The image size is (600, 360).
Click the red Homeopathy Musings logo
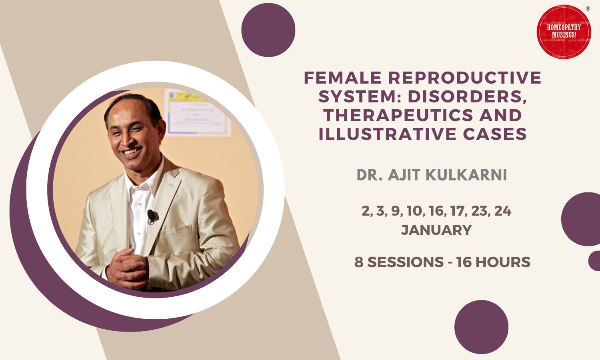564,32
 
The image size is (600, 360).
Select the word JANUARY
436,230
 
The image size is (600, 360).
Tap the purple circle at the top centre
268,30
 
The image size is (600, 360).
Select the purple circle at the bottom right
481,327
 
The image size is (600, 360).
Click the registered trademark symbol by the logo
588,8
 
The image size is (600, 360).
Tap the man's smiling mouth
131,152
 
